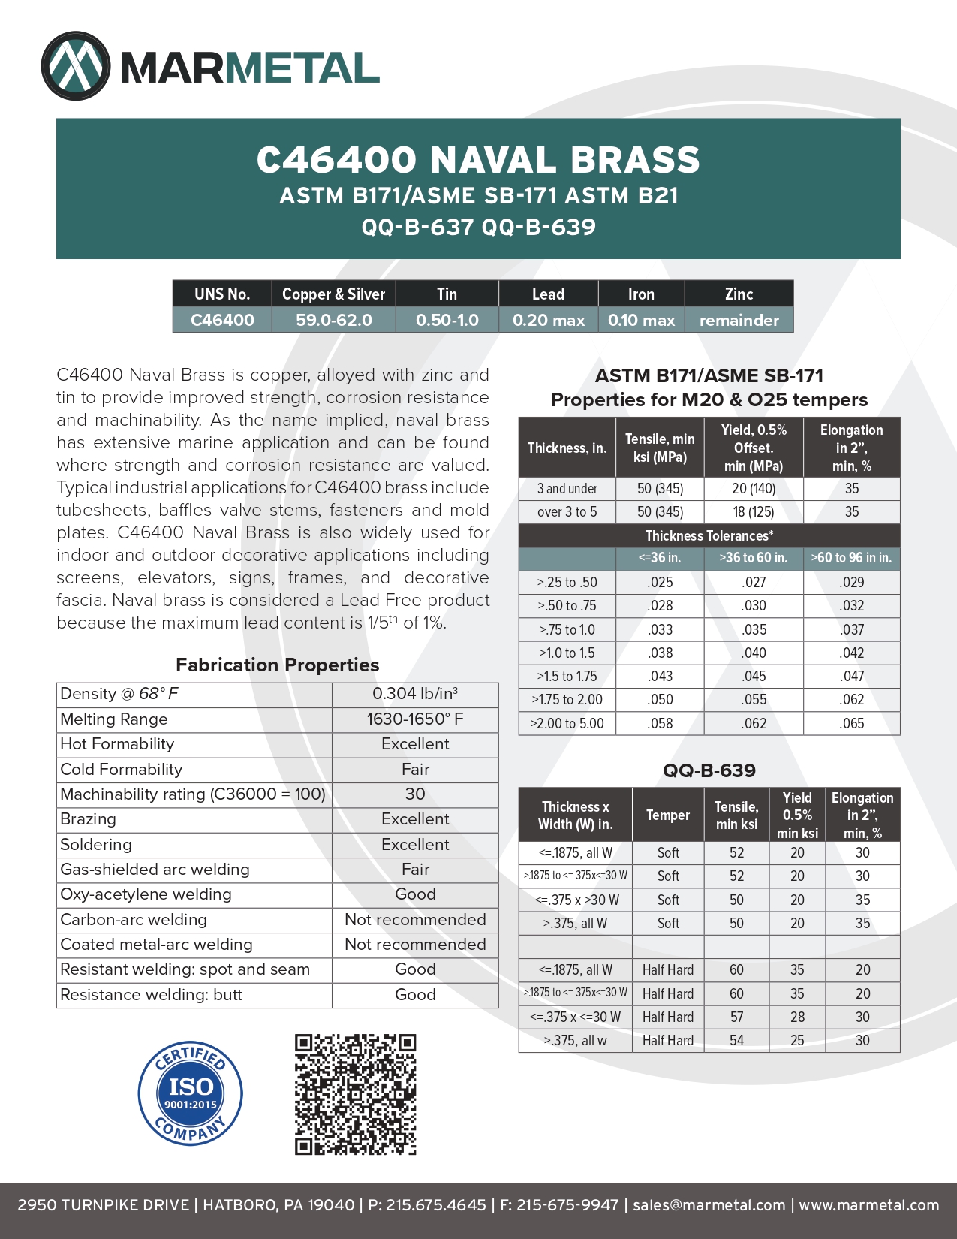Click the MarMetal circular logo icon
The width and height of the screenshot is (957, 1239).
pos(76,66)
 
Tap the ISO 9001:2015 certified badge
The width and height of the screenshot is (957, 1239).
pos(191,1093)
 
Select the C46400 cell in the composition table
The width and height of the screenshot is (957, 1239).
pos(222,320)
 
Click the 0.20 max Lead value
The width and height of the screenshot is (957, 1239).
pos(548,320)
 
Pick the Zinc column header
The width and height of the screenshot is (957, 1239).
pos(739,294)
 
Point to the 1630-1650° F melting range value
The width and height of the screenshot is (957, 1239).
pos(415,719)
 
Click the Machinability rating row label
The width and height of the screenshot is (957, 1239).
pos(193,794)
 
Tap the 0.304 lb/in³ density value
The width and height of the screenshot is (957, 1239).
pos(415,694)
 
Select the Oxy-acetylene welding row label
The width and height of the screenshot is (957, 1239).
pos(146,894)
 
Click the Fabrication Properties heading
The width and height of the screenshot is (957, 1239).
pos(277,665)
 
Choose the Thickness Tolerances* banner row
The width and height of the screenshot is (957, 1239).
pos(709,535)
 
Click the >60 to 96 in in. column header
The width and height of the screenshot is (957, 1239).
pos(851,558)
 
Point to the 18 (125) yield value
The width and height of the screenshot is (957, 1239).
pos(754,512)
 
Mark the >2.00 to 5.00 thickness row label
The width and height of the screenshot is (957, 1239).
pos(567,723)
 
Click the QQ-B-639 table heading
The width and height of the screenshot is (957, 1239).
pos(709,770)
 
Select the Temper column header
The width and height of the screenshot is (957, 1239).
pos(668,815)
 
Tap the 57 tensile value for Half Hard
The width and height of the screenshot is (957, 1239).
pos(736,1017)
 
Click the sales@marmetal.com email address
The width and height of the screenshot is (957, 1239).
pos(709,1205)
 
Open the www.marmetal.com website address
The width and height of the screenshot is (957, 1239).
pos(868,1205)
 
